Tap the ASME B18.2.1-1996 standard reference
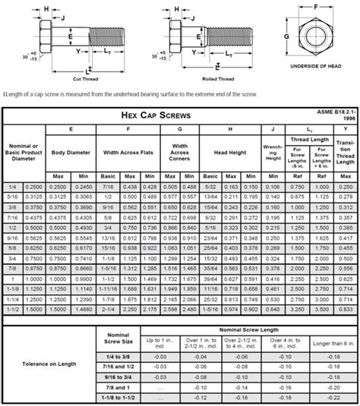click(x=336, y=115)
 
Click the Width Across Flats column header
click(x=130, y=152)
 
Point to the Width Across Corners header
click(x=179, y=153)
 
